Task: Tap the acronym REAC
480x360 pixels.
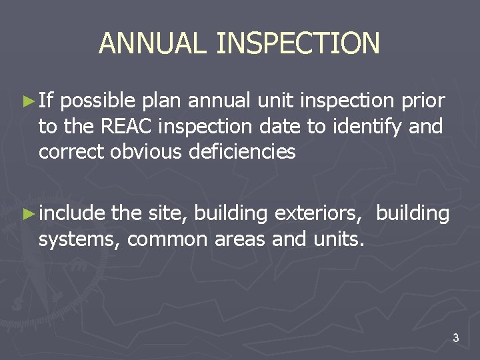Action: click(125, 126)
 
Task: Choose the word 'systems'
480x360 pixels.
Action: click(78, 239)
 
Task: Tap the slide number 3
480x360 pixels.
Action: click(455, 339)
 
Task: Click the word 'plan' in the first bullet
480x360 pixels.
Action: click(162, 102)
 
